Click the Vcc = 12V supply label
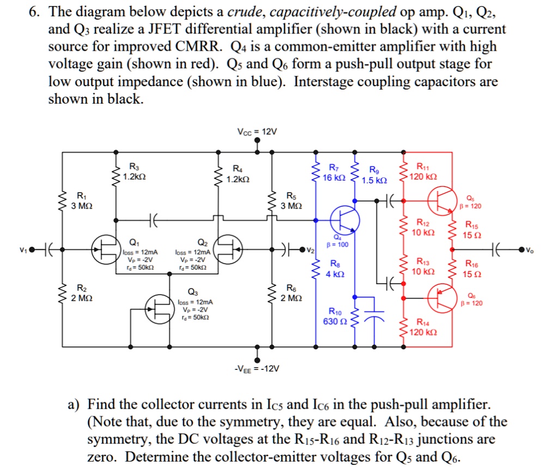257,132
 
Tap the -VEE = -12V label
257,369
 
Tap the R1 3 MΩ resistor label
81,201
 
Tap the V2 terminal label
311,250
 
